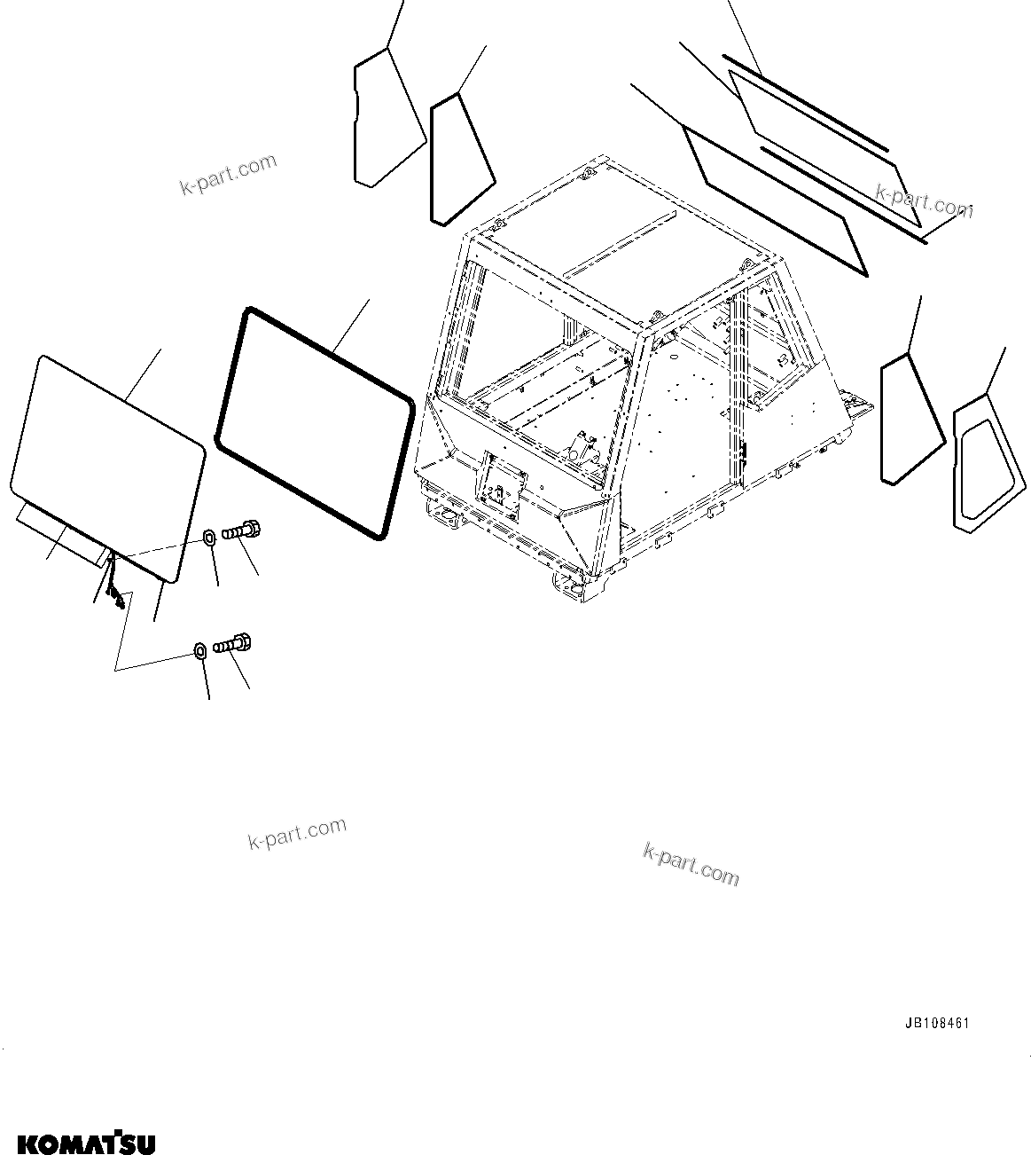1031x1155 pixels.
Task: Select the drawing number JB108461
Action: [x=936, y=1023]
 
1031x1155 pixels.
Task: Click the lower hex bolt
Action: [x=233, y=642]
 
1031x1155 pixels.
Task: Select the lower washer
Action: [x=200, y=651]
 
